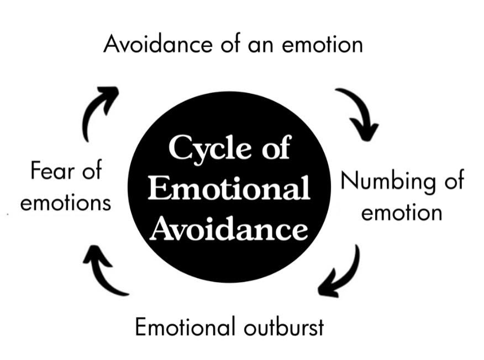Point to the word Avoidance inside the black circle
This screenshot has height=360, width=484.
229,227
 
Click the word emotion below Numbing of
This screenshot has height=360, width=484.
402,213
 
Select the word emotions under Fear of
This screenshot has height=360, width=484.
65,203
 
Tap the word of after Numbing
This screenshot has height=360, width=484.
450,182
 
